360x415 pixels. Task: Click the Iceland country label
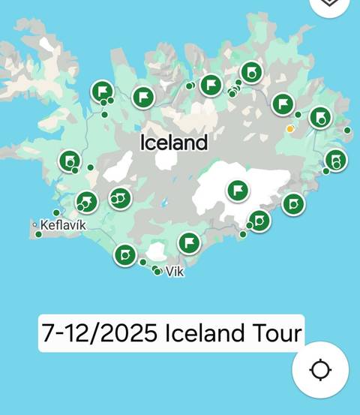coord(174,142)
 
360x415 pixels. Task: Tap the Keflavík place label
coord(63,225)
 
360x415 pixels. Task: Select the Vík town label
coord(175,272)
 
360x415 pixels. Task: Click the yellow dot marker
coord(290,129)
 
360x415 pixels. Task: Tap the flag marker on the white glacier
coord(238,190)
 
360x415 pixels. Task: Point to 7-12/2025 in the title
coord(100,332)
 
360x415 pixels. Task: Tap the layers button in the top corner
coord(329,4)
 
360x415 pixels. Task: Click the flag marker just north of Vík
coord(189,242)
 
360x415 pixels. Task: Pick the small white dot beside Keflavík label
coord(34,224)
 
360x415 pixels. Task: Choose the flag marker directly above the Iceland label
coord(143,97)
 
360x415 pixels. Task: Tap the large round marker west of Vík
coord(124,254)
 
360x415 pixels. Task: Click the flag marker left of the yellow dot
coord(283,104)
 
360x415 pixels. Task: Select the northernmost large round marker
coord(251,72)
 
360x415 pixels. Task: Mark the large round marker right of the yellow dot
coord(321,117)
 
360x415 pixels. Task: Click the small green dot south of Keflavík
coord(39,234)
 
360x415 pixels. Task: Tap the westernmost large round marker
coord(70,161)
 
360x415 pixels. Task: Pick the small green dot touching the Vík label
coord(157,272)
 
